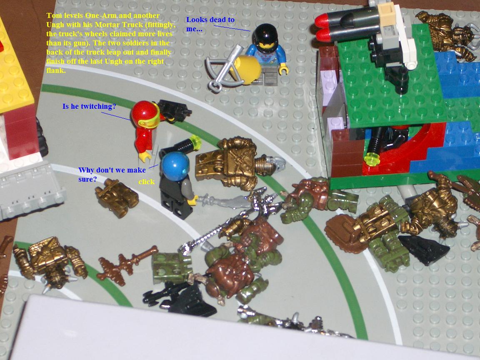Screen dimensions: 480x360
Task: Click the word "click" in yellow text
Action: pyautogui.click(x=146, y=182)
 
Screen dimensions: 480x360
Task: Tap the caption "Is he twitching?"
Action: pyautogui.click(x=89, y=106)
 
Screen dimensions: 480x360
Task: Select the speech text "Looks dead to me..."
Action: pyautogui.click(x=210, y=24)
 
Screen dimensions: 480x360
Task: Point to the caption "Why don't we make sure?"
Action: pyautogui.click(x=112, y=174)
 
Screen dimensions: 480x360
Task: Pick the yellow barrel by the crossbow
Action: pyautogui.click(x=246, y=70)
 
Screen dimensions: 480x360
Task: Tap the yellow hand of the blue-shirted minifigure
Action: pyautogui.click(x=284, y=70)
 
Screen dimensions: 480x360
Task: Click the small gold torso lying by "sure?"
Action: pyautogui.click(x=117, y=198)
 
